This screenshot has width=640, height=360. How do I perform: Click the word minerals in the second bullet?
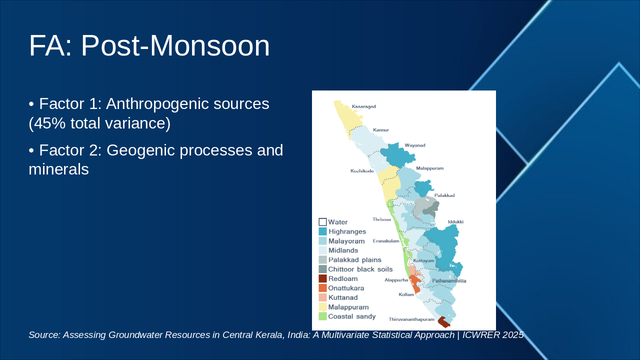click(58, 169)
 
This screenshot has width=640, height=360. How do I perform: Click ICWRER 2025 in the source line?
click(493, 335)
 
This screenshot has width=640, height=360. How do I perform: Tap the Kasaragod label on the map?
click(363, 106)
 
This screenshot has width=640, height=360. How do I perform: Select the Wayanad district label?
click(415, 145)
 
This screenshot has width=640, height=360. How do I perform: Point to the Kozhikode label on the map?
click(362, 171)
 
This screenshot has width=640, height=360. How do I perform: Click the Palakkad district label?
click(444, 195)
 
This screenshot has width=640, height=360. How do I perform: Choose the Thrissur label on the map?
click(381, 219)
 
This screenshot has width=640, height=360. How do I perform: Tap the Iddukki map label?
click(455, 221)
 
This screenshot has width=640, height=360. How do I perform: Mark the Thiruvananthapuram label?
click(411, 319)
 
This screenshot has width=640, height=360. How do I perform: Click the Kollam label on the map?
click(406, 294)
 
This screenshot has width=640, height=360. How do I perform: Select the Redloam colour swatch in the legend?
click(322, 278)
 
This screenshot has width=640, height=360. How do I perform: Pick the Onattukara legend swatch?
click(322, 288)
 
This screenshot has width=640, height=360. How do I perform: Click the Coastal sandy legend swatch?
click(322, 316)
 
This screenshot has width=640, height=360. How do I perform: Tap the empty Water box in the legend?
click(322, 222)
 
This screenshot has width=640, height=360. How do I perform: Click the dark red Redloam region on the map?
click(443, 322)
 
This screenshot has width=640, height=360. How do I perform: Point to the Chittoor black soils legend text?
click(360, 269)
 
